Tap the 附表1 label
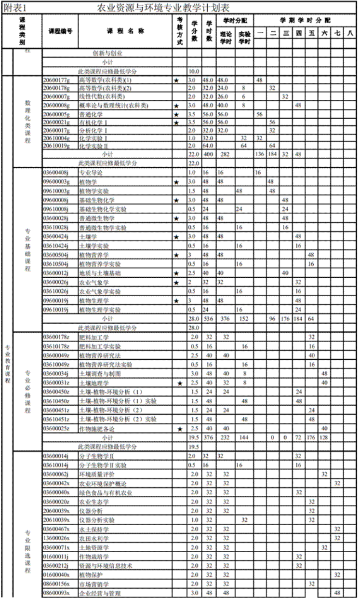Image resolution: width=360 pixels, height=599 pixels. coord(14,8)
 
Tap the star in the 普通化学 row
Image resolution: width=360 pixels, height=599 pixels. coord(176,114)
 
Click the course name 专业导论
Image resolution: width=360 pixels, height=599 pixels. coord(91,172)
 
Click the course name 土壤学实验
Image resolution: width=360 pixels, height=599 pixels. coord(94,245)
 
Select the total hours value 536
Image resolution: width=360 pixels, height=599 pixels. coord(208,319)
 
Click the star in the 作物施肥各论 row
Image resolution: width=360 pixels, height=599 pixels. coord(180,428)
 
